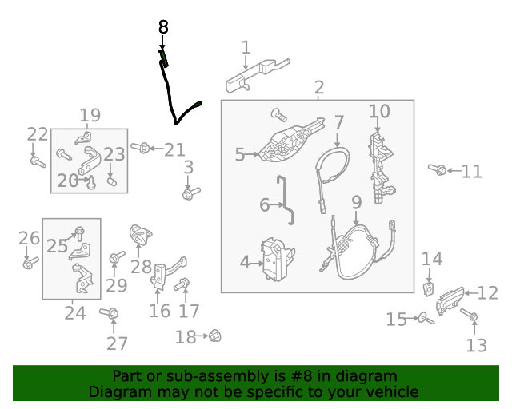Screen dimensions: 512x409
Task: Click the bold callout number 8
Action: (x=163, y=27)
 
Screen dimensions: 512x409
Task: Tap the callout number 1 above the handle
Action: (x=246, y=48)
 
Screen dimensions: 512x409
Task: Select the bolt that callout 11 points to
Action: (x=438, y=169)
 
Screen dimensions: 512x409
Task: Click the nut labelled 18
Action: (x=214, y=336)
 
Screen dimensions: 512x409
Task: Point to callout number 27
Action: (x=117, y=343)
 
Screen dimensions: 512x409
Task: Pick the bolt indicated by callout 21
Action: (x=141, y=148)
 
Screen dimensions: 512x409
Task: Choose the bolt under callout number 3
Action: (x=191, y=193)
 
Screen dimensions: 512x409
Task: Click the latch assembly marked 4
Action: (x=278, y=259)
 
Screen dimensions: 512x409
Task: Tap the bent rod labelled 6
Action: (x=285, y=200)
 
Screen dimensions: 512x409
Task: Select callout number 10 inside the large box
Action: (x=379, y=112)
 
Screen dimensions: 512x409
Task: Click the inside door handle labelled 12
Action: (x=450, y=300)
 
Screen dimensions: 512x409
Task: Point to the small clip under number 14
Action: (x=429, y=289)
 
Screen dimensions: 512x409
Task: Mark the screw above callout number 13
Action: (x=470, y=315)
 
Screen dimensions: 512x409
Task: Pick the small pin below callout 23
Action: (x=112, y=181)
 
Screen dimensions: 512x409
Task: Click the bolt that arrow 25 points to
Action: (x=79, y=233)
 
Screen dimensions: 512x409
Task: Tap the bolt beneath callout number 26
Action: (x=30, y=263)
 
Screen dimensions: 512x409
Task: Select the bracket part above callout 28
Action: (x=141, y=235)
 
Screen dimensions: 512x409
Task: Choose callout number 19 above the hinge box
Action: (x=90, y=115)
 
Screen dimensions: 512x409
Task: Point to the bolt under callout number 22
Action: (x=38, y=162)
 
